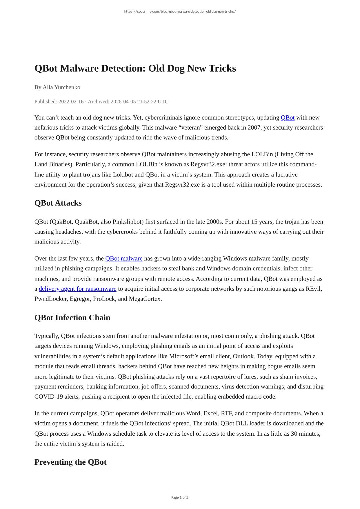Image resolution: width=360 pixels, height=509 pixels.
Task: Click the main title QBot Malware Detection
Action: pyautogui.click(x=135, y=68)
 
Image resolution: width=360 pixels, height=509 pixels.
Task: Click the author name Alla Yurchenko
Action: pyautogui.click(x=61, y=87)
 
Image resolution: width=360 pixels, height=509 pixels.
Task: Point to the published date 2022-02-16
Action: pyautogui.click(x=71, y=101)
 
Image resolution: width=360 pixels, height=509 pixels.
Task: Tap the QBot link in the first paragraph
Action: pyautogui.click(x=288, y=118)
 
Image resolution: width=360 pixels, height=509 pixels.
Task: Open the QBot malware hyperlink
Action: pyautogui.click(x=124, y=259)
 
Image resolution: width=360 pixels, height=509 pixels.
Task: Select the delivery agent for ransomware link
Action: pyautogui.click(x=77, y=289)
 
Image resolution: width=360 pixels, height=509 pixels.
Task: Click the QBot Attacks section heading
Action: pyautogui.click(x=58, y=203)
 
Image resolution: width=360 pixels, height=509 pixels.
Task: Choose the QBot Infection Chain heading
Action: pyautogui.click(x=72, y=317)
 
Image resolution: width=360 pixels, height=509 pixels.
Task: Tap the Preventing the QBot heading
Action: pyautogui.click(x=70, y=462)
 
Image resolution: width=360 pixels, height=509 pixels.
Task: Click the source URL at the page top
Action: pyautogui.click(x=180, y=12)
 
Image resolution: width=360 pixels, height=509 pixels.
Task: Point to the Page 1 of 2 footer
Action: pyautogui.click(x=180, y=497)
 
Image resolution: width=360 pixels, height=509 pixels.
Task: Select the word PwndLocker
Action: pyautogui.click(x=51, y=299)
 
